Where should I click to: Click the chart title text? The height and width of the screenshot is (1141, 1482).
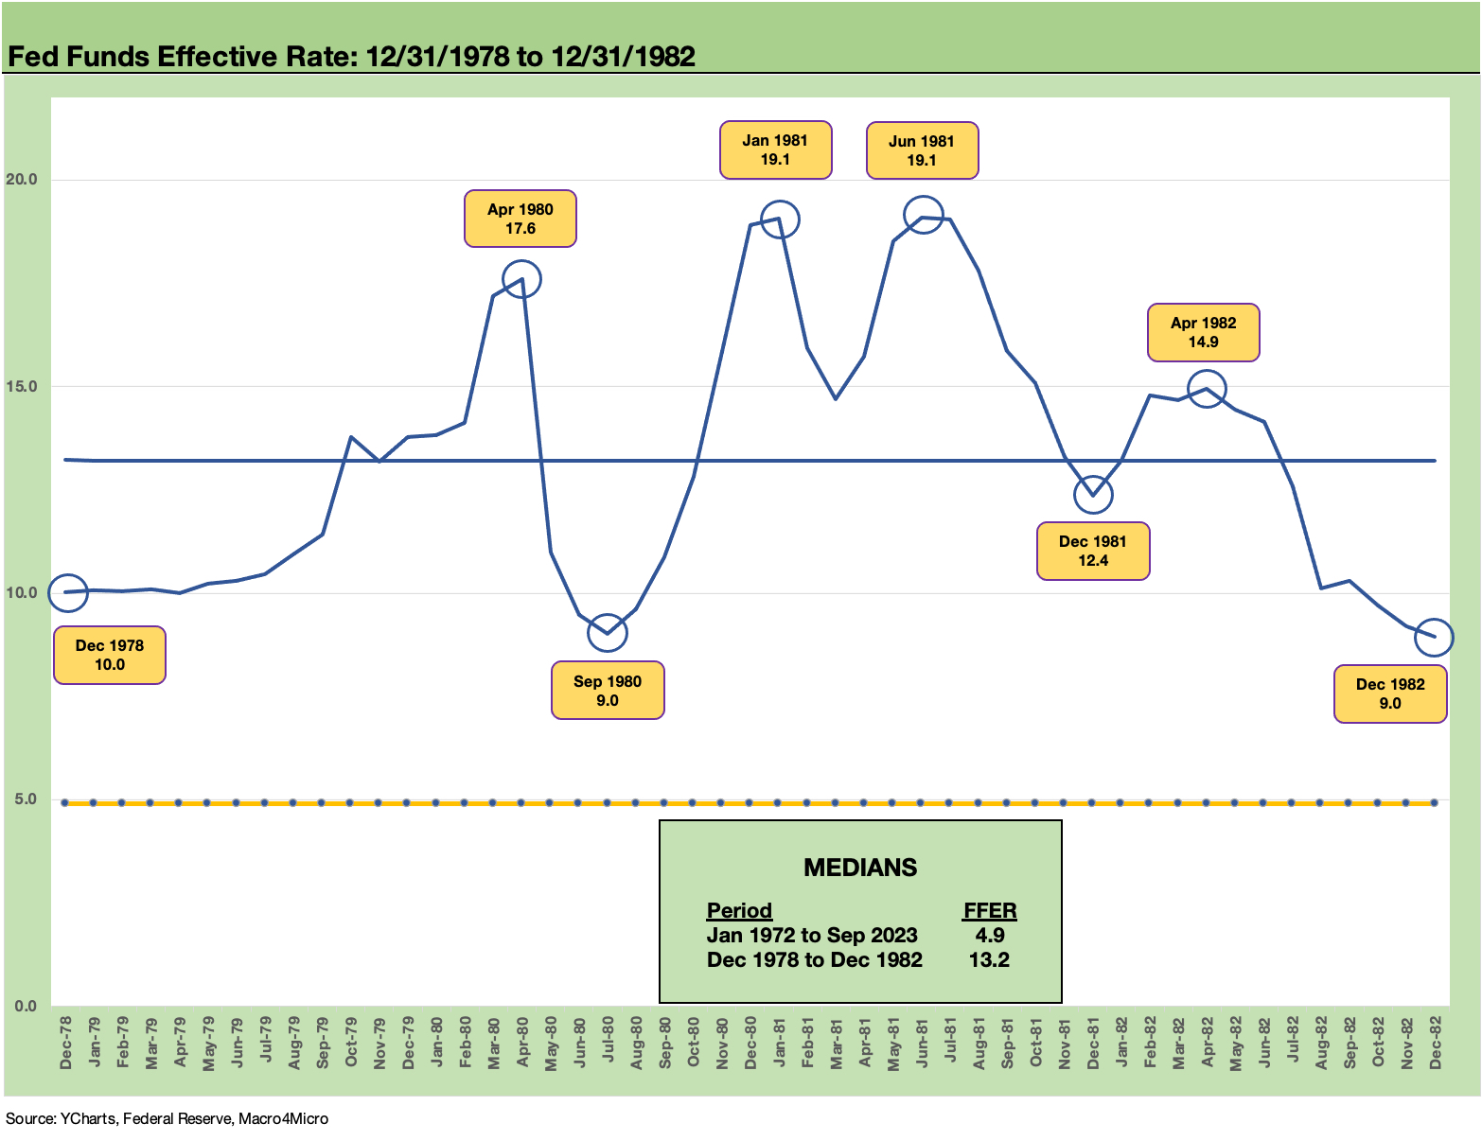(x=351, y=57)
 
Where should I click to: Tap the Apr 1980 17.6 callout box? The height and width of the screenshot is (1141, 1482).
(x=520, y=219)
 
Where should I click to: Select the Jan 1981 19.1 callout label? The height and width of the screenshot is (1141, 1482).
(x=775, y=149)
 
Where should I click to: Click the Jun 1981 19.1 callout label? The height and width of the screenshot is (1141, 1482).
(x=921, y=150)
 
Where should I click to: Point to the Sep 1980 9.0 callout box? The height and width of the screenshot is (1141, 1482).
(x=607, y=691)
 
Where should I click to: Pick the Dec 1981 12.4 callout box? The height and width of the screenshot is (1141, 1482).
(x=1092, y=551)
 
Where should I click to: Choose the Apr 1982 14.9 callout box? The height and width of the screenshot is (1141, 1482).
(x=1203, y=332)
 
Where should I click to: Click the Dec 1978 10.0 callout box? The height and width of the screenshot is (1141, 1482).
(x=110, y=655)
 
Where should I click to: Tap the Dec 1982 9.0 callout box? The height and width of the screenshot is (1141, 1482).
(x=1389, y=693)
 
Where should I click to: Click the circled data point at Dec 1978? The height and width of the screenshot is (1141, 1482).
(x=67, y=592)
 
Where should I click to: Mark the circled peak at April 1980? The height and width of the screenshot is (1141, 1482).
(x=521, y=279)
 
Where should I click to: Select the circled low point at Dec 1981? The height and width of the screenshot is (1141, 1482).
(x=1093, y=494)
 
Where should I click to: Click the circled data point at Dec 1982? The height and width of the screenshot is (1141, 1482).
(x=1435, y=637)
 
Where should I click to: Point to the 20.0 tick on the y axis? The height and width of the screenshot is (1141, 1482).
(x=21, y=180)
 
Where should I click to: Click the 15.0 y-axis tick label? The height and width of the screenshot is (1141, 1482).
(x=21, y=386)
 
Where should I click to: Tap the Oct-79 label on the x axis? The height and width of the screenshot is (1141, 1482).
(x=351, y=1044)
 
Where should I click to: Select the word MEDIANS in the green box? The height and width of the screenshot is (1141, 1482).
(x=859, y=868)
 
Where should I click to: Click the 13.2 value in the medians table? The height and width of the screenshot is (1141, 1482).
(x=989, y=959)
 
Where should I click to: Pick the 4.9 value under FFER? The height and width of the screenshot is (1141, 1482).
(x=989, y=935)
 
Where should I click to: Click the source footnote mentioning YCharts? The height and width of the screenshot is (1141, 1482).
(x=168, y=1118)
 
